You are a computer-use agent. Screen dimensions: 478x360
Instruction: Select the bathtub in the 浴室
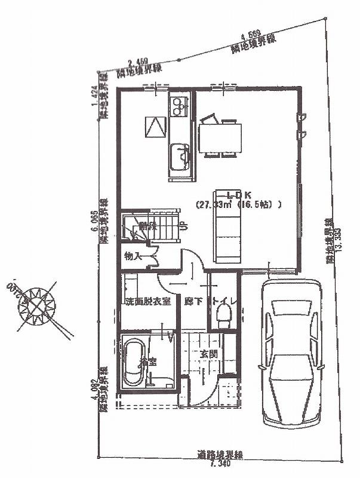(x=133, y=363)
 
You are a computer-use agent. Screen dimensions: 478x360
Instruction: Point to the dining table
(x=220, y=137)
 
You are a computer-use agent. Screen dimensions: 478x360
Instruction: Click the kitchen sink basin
(x=180, y=156)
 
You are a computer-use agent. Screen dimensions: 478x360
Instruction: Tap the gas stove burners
(x=179, y=108)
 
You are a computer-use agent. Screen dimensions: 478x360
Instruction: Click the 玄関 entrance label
(x=208, y=353)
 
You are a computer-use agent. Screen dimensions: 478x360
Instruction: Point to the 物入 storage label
(x=132, y=256)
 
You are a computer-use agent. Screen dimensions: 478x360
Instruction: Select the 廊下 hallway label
(x=191, y=302)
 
